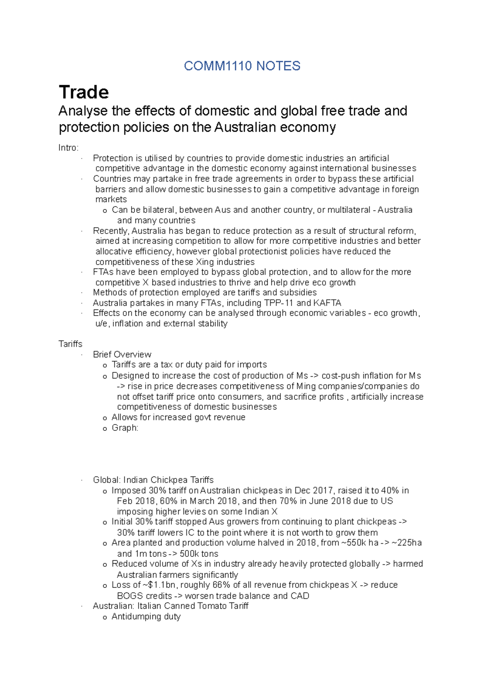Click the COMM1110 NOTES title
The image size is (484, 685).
point(242,66)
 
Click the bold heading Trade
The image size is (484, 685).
point(84,92)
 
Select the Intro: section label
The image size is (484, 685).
point(69,148)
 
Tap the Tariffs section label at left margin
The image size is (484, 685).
point(70,344)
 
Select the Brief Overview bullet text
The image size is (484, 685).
point(122,354)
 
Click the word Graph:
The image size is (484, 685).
point(125,428)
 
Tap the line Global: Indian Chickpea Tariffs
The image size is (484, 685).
point(153,480)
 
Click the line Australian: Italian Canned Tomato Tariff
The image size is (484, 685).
point(171,606)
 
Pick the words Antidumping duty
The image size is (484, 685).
point(146,616)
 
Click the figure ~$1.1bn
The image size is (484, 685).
point(159,585)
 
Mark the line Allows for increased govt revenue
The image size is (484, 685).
point(178,417)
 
